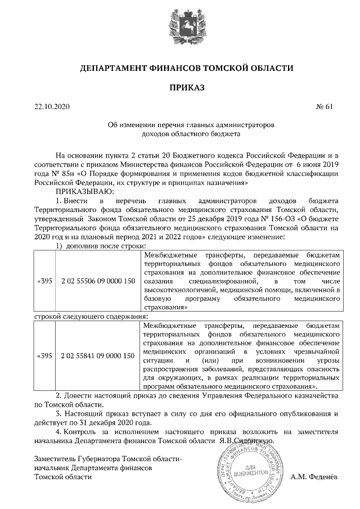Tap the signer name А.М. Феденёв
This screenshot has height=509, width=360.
pos(314,477)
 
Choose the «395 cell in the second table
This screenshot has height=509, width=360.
pos(44,356)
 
